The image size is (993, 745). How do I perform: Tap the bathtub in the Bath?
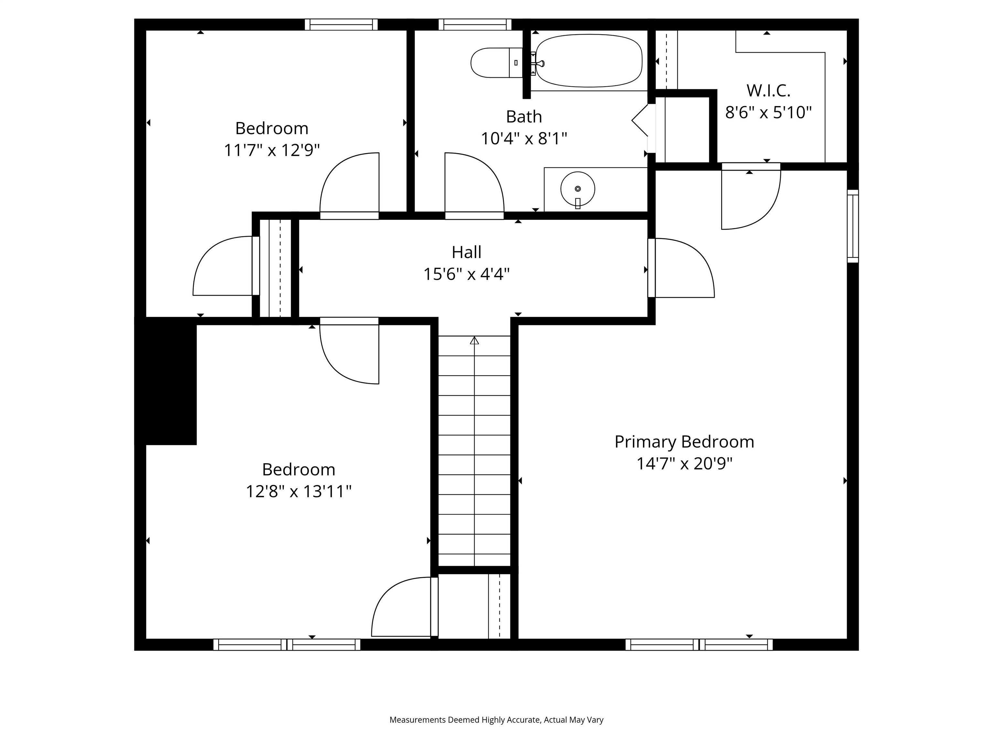[x=589, y=60]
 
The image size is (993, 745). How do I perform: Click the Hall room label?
[x=466, y=252]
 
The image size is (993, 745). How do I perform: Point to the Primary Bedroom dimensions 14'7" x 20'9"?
[x=684, y=463]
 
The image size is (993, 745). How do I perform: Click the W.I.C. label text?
[x=768, y=91]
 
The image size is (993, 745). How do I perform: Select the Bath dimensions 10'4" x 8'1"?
[x=524, y=139]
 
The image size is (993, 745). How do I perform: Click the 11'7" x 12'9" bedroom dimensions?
[x=272, y=150]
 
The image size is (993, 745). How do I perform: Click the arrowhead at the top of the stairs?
[x=475, y=340]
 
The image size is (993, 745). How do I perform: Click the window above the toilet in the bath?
[x=475, y=24]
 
